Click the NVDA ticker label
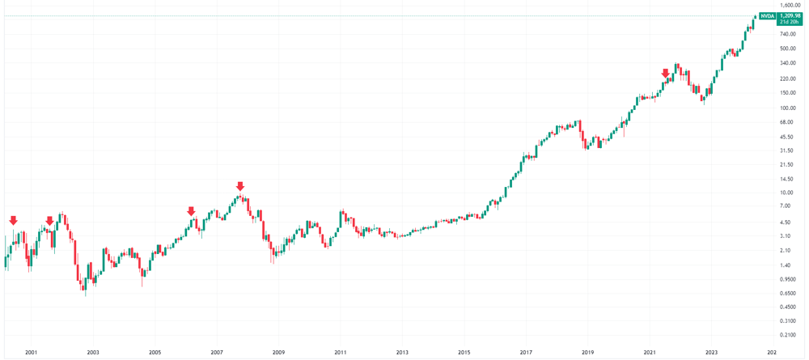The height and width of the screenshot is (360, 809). [768, 16]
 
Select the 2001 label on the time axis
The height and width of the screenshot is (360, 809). [32, 353]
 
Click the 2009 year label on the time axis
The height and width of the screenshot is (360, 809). [278, 353]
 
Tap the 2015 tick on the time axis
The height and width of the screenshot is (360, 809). [464, 353]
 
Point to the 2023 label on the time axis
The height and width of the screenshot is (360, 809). [711, 353]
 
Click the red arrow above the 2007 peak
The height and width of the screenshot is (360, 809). [239, 187]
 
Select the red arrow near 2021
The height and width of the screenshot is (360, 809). [666, 74]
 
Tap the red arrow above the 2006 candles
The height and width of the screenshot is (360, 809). [192, 212]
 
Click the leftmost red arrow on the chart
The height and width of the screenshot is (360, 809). [13, 221]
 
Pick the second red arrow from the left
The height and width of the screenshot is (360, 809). [50, 221]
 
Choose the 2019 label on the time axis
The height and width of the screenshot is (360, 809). [587, 353]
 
